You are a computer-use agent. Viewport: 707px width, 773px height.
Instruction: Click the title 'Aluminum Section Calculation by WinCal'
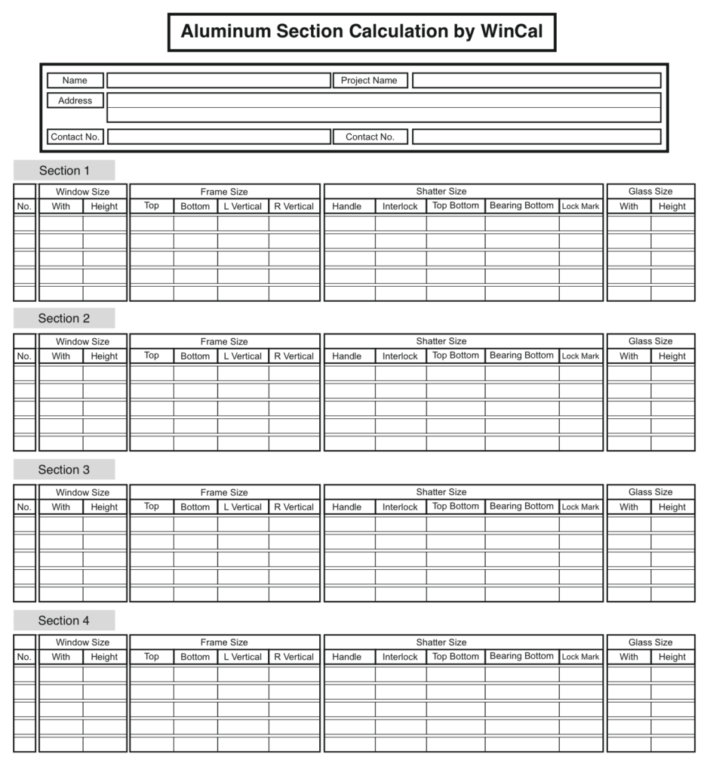point(361,32)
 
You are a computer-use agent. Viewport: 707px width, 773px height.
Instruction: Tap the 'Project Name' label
point(370,81)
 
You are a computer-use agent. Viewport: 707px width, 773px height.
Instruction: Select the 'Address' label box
point(75,100)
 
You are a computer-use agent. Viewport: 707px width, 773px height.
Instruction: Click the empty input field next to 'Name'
point(218,81)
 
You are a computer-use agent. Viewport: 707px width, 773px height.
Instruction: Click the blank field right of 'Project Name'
point(536,81)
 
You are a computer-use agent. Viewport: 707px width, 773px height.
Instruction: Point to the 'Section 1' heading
point(64,171)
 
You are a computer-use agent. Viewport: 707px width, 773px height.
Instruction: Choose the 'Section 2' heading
point(64,319)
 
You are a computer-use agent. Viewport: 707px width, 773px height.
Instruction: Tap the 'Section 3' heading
point(64,470)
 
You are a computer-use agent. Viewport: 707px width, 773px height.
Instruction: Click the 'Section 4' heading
point(64,621)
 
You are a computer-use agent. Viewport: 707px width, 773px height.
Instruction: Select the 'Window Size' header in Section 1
point(82,192)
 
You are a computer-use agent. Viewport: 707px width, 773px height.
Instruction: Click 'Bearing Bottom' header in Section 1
point(521,206)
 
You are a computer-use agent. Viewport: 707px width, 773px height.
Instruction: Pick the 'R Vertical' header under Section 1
point(294,207)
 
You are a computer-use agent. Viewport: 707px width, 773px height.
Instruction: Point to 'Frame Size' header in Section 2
point(224,341)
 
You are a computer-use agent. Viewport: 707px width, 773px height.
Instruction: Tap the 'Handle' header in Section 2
point(347,356)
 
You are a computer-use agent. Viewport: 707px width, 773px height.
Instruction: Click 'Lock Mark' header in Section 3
point(580,507)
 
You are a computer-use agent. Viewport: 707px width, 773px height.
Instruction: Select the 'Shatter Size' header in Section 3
point(441,492)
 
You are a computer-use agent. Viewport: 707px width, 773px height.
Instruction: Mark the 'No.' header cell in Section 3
point(24,507)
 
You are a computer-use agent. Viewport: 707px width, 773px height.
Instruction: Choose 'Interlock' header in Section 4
point(400,658)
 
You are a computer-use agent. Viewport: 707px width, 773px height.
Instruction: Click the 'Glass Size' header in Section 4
point(650,642)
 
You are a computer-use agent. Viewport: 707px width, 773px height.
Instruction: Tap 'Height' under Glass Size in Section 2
point(672,356)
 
